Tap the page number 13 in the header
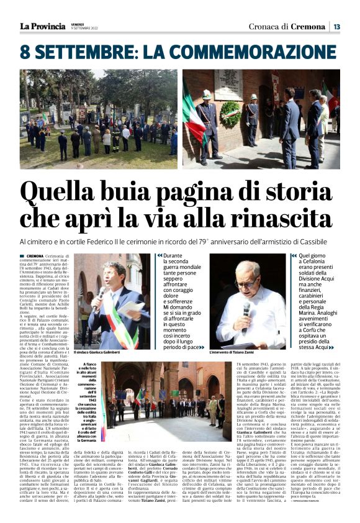point(336,27)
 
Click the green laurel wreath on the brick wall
point(231,114)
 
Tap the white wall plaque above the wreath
point(229,84)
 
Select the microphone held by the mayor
point(99,297)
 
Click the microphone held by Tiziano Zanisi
point(246,309)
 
